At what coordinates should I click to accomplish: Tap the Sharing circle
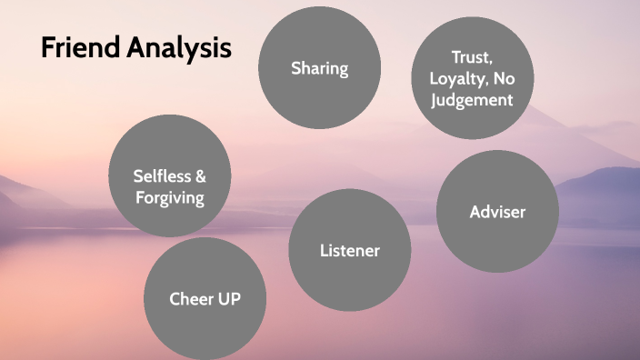pyautogui.click(x=319, y=68)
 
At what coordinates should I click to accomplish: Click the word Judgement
pyautogui.click(x=472, y=99)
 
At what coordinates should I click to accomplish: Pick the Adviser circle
pyautogui.click(x=497, y=212)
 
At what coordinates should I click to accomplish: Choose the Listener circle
pyautogui.click(x=349, y=250)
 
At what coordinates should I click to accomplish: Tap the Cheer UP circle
pyautogui.click(x=205, y=298)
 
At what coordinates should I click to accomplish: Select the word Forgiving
pyautogui.click(x=169, y=196)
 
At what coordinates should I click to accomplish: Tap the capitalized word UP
pyautogui.click(x=228, y=298)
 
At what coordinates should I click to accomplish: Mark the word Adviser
pyautogui.click(x=497, y=212)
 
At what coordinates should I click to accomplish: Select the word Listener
pyautogui.click(x=349, y=250)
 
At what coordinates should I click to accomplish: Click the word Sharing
pyautogui.click(x=319, y=68)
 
